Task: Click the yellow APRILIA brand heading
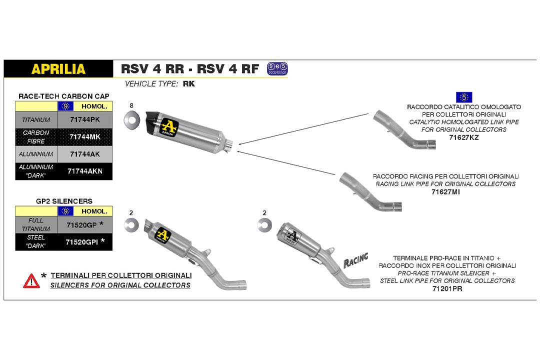[58, 69]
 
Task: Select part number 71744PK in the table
[84, 120]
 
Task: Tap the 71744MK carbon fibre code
[84, 137]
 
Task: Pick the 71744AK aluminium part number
[84, 154]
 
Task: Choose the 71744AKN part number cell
[84, 171]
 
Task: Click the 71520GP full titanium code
[82, 225]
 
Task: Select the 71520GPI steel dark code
[82, 242]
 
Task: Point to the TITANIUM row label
[36, 120]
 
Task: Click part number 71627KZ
[463, 137]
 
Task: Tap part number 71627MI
[445, 191]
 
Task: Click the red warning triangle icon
[31, 280]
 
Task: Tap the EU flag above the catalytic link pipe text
[464, 97]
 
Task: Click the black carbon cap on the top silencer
[151, 120]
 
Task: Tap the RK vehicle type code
[189, 84]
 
